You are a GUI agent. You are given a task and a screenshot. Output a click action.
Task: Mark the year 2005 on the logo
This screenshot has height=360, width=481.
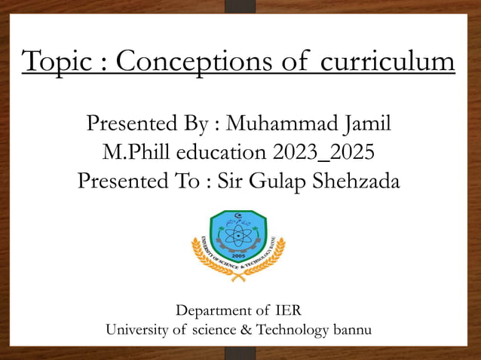(x=239, y=255)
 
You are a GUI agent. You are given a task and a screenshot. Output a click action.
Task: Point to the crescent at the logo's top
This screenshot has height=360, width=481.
(x=240, y=214)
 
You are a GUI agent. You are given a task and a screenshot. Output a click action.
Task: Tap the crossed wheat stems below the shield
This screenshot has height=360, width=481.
(x=240, y=274)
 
